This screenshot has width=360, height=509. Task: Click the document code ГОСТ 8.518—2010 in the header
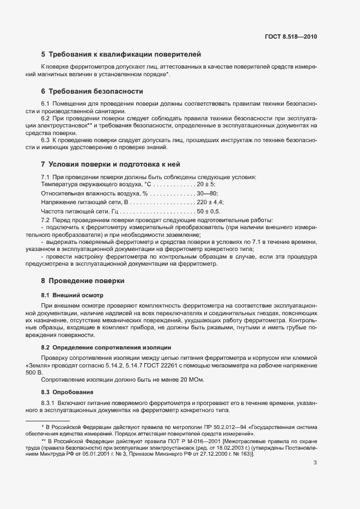click(x=290, y=36)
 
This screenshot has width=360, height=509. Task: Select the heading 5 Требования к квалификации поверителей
click(x=121, y=54)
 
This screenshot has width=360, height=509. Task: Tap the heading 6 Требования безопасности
click(x=92, y=91)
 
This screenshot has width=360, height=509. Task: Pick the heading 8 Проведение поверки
click(x=83, y=281)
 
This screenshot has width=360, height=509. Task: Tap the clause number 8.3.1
click(x=49, y=402)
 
